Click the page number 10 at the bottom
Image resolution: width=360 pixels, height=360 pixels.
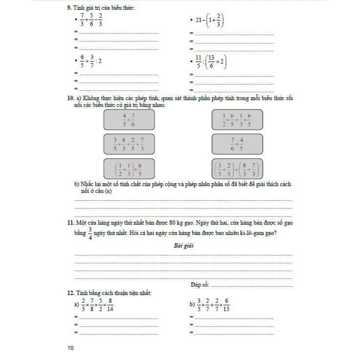click(71, 348)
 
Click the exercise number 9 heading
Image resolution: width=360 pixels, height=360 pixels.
click(70, 8)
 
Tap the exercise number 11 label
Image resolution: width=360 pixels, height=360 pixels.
click(70, 223)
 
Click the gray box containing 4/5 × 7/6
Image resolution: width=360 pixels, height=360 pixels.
click(129, 119)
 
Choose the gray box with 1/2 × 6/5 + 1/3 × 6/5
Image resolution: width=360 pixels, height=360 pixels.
click(237, 119)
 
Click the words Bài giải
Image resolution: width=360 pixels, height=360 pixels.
click(184, 246)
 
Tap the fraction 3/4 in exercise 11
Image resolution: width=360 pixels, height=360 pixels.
click(90, 233)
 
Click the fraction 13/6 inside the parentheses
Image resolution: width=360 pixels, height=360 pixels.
click(212, 62)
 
